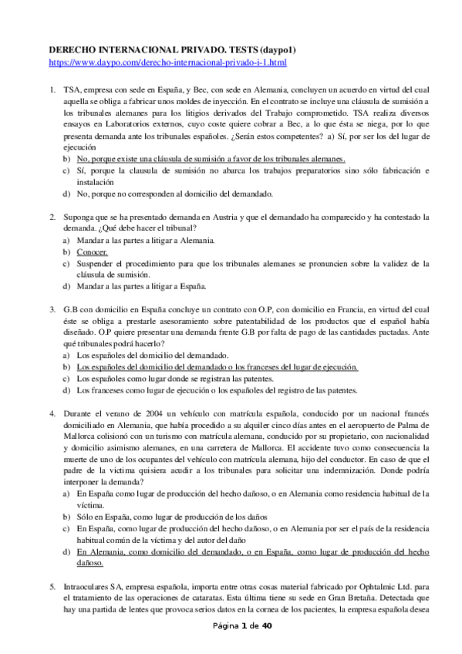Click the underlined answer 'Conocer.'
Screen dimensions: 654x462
pyautogui.click(x=93, y=252)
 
